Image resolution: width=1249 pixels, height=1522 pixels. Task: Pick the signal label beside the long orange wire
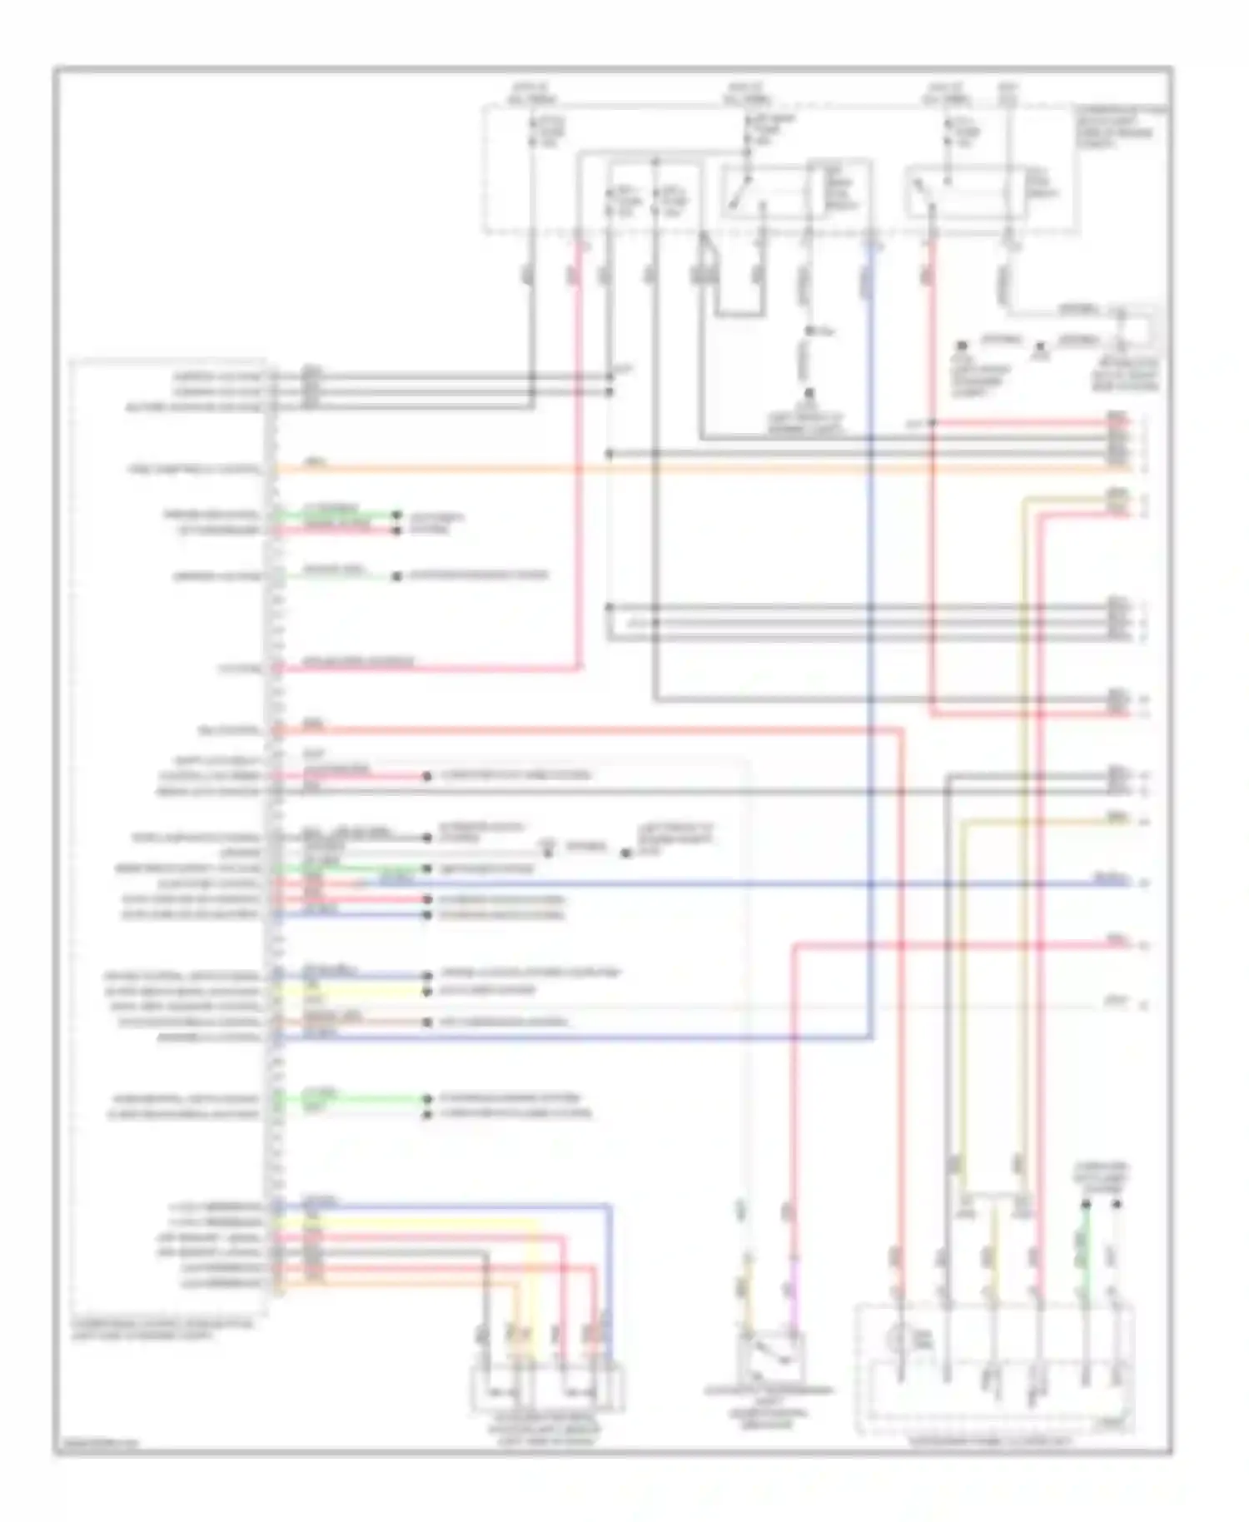click(194, 470)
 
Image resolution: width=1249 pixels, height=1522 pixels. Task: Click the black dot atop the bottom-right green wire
click(1086, 1204)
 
